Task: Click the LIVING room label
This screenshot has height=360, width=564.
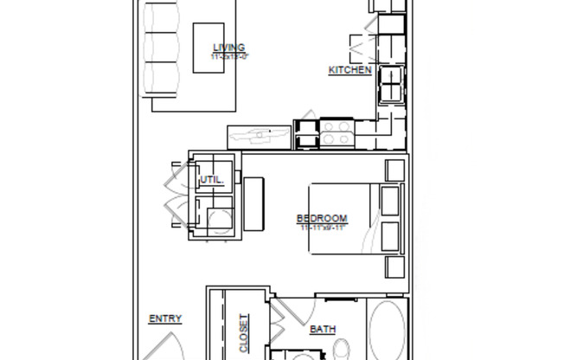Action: click(228, 48)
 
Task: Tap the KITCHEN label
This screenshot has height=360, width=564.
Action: click(349, 70)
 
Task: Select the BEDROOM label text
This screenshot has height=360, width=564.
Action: click(322, 219)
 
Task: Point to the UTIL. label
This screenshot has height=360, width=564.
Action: click(212, 180)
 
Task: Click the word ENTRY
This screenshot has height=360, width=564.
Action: click(165, 318)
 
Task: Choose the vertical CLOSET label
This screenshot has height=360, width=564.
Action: click(244, 333)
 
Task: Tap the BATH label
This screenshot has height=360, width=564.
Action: click(323, 329)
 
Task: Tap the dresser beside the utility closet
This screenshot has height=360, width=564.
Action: click(254, 203)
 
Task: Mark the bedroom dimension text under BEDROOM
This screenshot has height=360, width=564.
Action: click(323, 228)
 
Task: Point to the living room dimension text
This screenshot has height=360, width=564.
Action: click(229, 57)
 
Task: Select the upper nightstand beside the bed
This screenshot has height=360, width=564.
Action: click(394, 170)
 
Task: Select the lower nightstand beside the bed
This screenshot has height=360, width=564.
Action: click(394, 267)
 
